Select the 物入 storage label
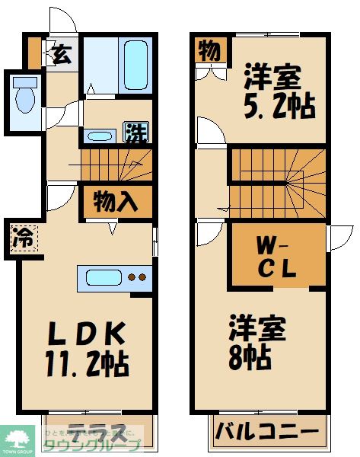[116, 203]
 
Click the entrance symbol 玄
[60, 56]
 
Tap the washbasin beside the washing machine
[101, 136]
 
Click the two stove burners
[136, 278]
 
